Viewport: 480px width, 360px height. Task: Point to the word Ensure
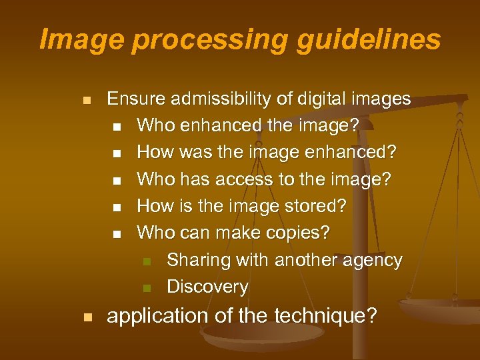click(x=137, y=99)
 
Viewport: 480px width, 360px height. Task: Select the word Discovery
click(x=207, y=287)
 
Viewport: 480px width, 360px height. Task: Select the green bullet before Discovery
click(x=147, y=288)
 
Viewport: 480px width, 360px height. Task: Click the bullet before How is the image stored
click(x=117, y=207)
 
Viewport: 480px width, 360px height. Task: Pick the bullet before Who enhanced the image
click(x=117, y=127)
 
